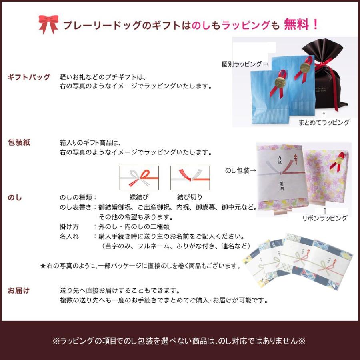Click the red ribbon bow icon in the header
[x=48, y=24]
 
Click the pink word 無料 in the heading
[x=296, y=25]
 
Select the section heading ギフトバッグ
[x=29, y=77]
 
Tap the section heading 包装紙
[x=19, y=142]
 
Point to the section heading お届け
[x=19, y=290]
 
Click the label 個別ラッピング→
[x=245, y=64]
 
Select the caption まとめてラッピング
[x=324, y=122]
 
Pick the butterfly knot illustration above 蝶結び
[x=139, y=177]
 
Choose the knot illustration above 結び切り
[x=190, y=177]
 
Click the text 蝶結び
[x=139, y=197]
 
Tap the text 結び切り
[x=190, y=197]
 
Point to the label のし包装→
[x=240, y=171]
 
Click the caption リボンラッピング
[x=325, y=218]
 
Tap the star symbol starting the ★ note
[x=43, y=265]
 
